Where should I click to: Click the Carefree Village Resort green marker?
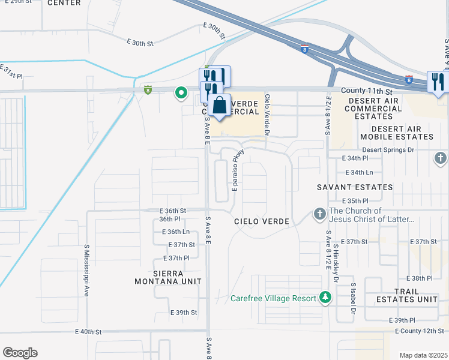[325, 297]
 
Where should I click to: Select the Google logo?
[19, 353]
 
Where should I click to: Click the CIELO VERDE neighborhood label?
[262, 221]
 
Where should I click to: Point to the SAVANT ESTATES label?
[355, 187]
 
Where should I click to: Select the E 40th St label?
[89, 331]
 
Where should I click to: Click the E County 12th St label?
[420, 331]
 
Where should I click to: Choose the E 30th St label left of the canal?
[140, 43]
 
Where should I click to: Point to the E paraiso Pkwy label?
[236, 170]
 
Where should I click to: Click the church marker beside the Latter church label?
[319, 214]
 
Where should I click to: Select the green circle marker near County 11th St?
[180, 92]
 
